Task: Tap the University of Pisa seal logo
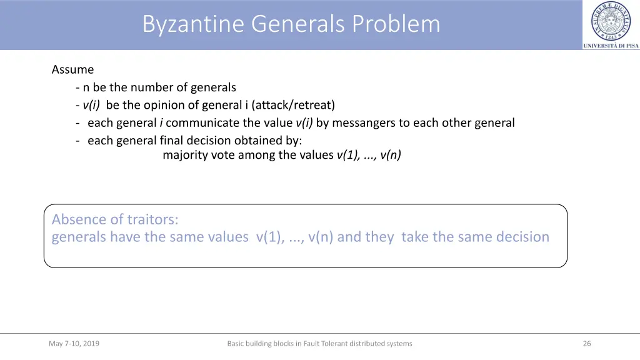(x=611, y=21)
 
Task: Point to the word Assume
(x=72, y=69)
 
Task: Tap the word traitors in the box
(x=152, y=219)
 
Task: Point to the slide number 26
(x=587, y=343)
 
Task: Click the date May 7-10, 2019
(x=74, y=343)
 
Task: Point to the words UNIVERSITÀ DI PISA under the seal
(x=611, y=46)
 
